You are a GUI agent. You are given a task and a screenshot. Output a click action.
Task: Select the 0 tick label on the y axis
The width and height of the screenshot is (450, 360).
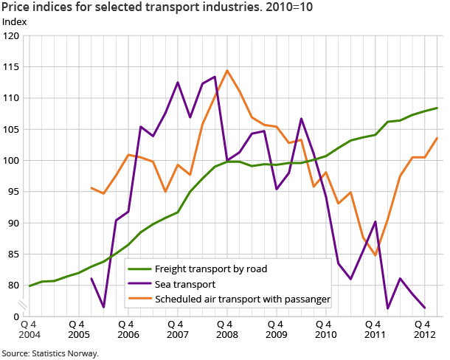16,316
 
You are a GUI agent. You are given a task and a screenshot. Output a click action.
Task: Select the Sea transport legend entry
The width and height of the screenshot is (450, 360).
190,283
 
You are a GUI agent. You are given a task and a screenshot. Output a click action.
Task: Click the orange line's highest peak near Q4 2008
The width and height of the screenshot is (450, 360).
226,71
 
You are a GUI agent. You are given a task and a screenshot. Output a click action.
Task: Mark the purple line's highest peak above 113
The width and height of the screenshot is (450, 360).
214,77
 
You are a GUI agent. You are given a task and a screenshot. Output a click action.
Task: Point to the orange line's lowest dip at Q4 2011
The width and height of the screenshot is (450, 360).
375,255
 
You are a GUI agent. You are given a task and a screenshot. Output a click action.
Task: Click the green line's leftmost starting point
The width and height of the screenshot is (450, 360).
30,285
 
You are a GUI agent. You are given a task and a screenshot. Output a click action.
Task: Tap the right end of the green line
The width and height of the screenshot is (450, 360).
437,108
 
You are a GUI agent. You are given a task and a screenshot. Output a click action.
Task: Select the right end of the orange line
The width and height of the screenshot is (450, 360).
437,138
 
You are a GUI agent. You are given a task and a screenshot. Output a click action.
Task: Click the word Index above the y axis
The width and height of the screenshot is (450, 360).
15,21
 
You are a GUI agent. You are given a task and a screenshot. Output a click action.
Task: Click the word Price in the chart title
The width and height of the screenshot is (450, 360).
16,7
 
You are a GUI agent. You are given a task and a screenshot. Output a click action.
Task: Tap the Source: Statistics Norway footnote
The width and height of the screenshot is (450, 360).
49,353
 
